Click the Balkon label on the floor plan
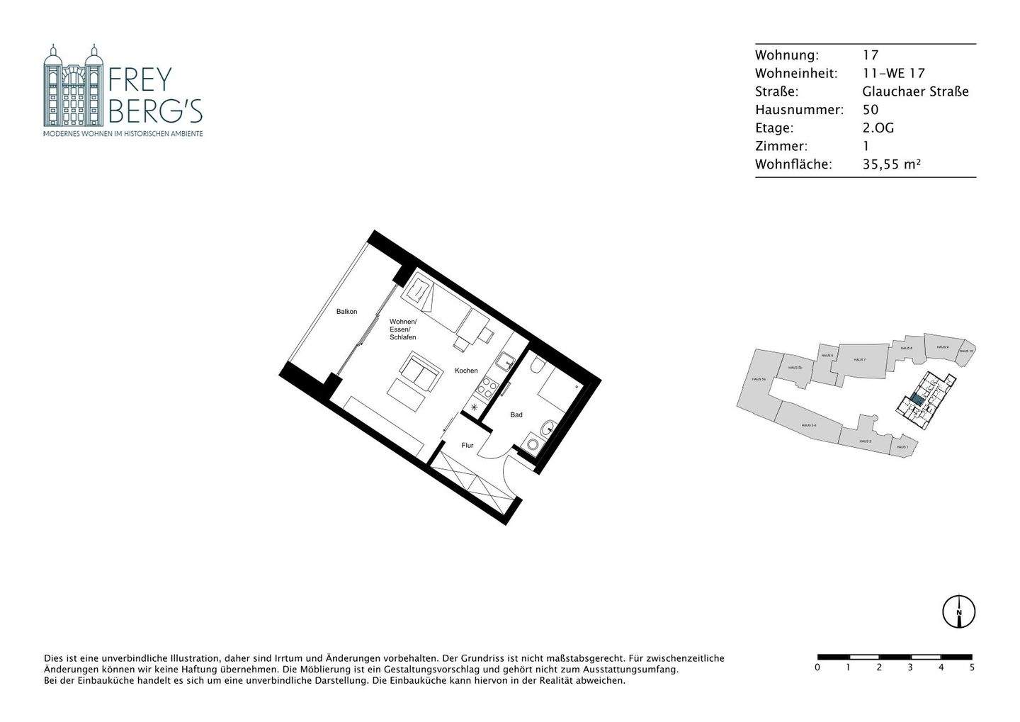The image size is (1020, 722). [x=346, y=312]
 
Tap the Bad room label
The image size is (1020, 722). [x=516, y=414]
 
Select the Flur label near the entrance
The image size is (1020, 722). [x=467, y=446]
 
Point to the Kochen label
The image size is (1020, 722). [x=466, y=371]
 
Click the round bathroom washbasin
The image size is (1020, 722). [x=548, y=428]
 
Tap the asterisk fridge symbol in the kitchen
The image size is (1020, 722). [x=475, y=407]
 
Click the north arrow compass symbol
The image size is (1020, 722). [x=958, y=611]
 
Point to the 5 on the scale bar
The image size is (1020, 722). [x=971, y=667]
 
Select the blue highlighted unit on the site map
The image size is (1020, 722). [x=917, y=400]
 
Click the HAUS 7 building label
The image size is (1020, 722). [x=859, y=360]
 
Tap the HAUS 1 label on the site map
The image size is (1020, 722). [x=902, y=447]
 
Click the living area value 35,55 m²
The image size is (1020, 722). [x=891, y=164]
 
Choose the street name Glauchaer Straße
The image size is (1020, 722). [x=915, y=91]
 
